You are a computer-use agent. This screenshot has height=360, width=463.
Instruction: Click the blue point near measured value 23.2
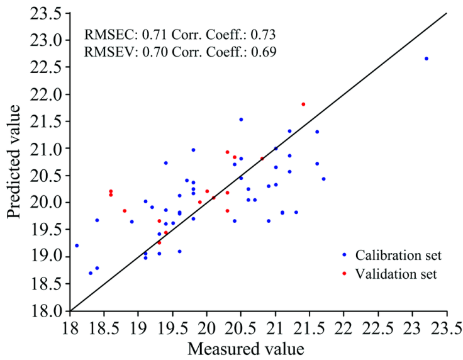click(x=426, y=59)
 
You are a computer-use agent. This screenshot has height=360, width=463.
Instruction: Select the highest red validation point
click(x=303, y=104)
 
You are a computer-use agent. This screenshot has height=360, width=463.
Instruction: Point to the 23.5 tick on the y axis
click(x=70, y=13)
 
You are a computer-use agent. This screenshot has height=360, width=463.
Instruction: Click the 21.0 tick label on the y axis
click(x=48, y=149)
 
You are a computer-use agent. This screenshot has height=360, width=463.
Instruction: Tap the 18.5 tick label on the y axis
click(x=48, y=284)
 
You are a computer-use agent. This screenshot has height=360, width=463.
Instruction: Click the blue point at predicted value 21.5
click(x=241, y=119)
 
